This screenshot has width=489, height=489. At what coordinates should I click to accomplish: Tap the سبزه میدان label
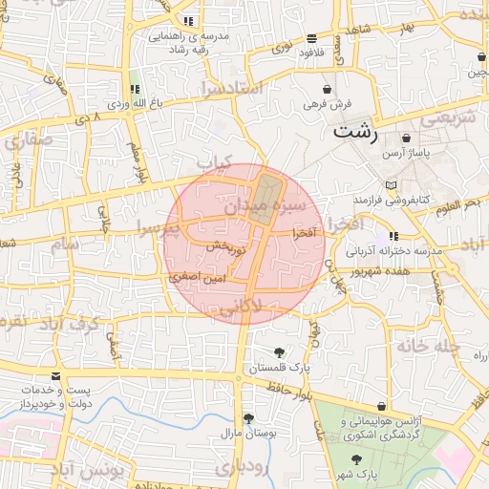(265, 205)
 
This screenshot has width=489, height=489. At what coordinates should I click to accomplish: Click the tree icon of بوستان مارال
(248, 418)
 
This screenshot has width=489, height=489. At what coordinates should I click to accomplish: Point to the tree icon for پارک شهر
(356, 459)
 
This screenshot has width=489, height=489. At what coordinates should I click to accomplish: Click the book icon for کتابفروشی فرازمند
(389, 184)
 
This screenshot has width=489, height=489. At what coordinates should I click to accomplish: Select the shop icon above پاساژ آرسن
(408, 138)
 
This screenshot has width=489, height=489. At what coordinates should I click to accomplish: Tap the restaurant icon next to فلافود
(312, 38)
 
